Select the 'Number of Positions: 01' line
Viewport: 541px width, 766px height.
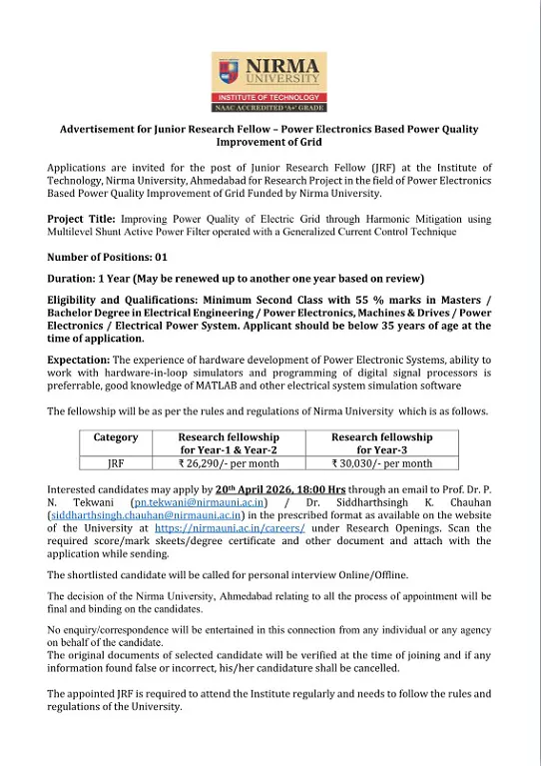(107, 257)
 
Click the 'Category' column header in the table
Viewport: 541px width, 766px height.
(116, 437)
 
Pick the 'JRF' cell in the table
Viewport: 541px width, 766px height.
(116, 463)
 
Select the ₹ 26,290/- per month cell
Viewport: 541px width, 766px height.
(229, 463)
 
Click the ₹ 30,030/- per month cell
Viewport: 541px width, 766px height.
(381, 463)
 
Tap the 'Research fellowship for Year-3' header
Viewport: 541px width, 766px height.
(381, 443)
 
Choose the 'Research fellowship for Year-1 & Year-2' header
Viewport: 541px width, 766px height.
(229, 443)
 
